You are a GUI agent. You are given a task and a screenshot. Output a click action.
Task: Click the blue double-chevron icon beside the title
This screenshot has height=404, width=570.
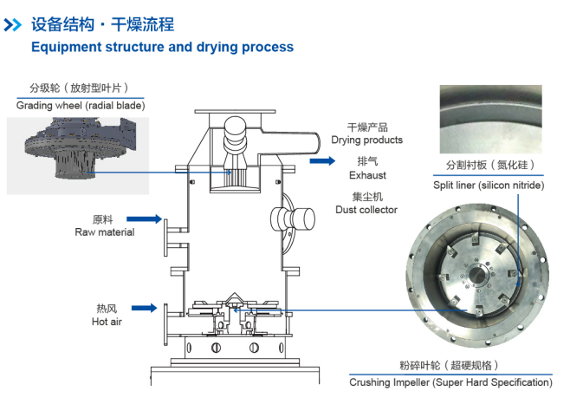click(x=13, y=25)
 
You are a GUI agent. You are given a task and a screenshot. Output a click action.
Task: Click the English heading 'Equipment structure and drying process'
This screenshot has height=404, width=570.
click(x=162, y=47)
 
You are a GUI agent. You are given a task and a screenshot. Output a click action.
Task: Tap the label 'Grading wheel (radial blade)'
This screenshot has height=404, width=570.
click(x=81, y=106)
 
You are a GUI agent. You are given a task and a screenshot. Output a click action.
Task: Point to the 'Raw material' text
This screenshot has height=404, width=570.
click(x=104, y=232)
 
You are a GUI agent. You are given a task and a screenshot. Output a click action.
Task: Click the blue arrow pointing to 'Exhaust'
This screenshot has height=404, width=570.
click(x=321, y=160)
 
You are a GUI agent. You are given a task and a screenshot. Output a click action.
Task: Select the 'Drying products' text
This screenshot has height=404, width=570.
click(x=366, y=140)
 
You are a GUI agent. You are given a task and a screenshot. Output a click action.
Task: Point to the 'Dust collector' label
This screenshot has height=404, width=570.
click(x=366, y=209)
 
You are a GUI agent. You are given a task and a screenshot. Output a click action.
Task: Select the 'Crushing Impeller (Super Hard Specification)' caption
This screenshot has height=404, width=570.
click(x=450, y=381)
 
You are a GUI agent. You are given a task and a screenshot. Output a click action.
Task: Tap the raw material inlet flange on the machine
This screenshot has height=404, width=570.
click(x=167, y=238)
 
